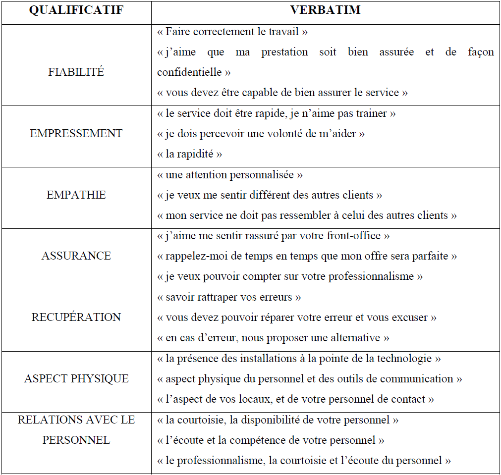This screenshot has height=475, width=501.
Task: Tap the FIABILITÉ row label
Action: (x=76, y=72)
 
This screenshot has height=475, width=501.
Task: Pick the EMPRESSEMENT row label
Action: (x=76, y=134)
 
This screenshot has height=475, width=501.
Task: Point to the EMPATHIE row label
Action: (x=76, y=195)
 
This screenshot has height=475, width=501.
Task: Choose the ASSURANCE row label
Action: (x=76, y=256)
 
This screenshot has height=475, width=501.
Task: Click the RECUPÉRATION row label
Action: (x=76, y=317)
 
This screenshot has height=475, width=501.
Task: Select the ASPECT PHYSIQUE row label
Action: (x=76, y=379)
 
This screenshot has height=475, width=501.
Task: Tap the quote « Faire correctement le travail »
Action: (x=232, y=32)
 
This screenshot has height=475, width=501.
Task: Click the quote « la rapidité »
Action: (x=189, y=154)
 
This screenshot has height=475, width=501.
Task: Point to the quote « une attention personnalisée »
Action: (x=229, y=175)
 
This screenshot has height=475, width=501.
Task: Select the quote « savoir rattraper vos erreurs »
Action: (x=229, y=297)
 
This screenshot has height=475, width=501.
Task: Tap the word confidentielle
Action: (x=189, y=72)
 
